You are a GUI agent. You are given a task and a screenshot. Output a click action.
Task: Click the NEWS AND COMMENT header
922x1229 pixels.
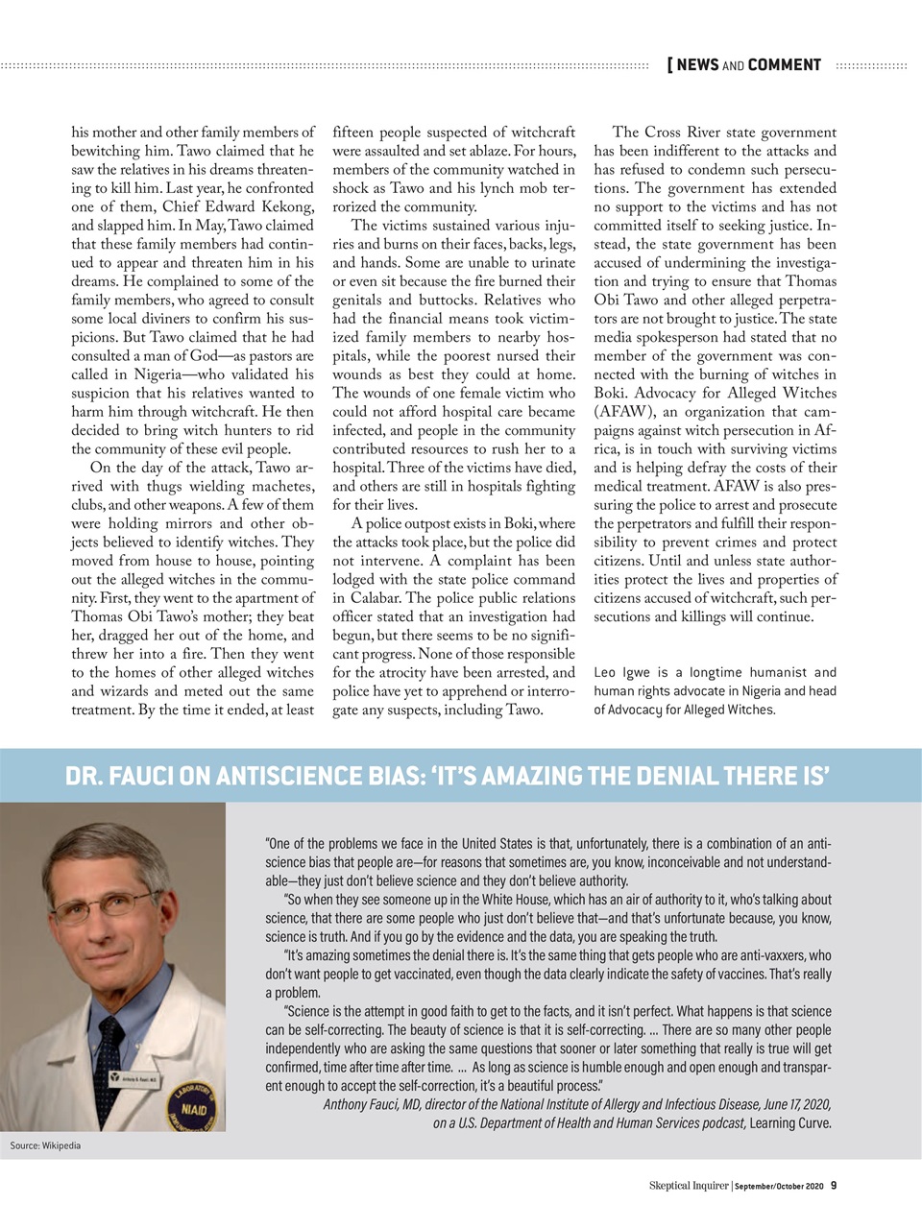pos(748,65)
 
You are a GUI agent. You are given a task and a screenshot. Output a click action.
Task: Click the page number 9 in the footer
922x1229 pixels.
pos(834,1185)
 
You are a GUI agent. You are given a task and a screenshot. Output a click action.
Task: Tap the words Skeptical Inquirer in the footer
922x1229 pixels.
pos(689,1185)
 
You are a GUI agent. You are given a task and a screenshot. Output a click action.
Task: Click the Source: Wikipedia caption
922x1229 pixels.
pos(45,1145)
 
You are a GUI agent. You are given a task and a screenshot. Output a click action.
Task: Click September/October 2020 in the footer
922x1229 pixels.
pos(780,1186)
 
